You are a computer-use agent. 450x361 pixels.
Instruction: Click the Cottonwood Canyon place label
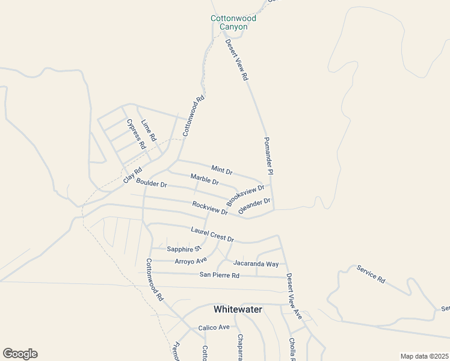coord(233,22)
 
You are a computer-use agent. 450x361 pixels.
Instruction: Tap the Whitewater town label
coord(238,309)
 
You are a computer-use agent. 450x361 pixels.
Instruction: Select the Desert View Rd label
coord(236,60)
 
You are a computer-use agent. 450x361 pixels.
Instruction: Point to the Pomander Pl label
coord(268,156)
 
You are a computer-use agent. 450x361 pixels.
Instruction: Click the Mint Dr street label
coord(221,170)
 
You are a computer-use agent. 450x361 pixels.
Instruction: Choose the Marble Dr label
coord(205,179)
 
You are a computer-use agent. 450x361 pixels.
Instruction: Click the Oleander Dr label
coord(254,206)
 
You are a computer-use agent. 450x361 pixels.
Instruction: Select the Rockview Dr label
coord(210,208)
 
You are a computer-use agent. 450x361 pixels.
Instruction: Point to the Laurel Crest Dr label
coord(212,235)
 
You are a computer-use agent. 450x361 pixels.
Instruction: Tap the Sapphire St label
coord(183,249)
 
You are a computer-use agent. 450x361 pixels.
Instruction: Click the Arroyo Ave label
coord(191,261)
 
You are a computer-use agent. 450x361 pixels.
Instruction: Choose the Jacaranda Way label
coord(256,264)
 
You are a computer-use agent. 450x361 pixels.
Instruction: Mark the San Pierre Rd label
coord(219,276)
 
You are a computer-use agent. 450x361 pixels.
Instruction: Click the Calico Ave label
coord(214,328)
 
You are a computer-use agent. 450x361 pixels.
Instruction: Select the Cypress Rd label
coord(136,134)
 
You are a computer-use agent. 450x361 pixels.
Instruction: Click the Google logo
coord(20,354)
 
